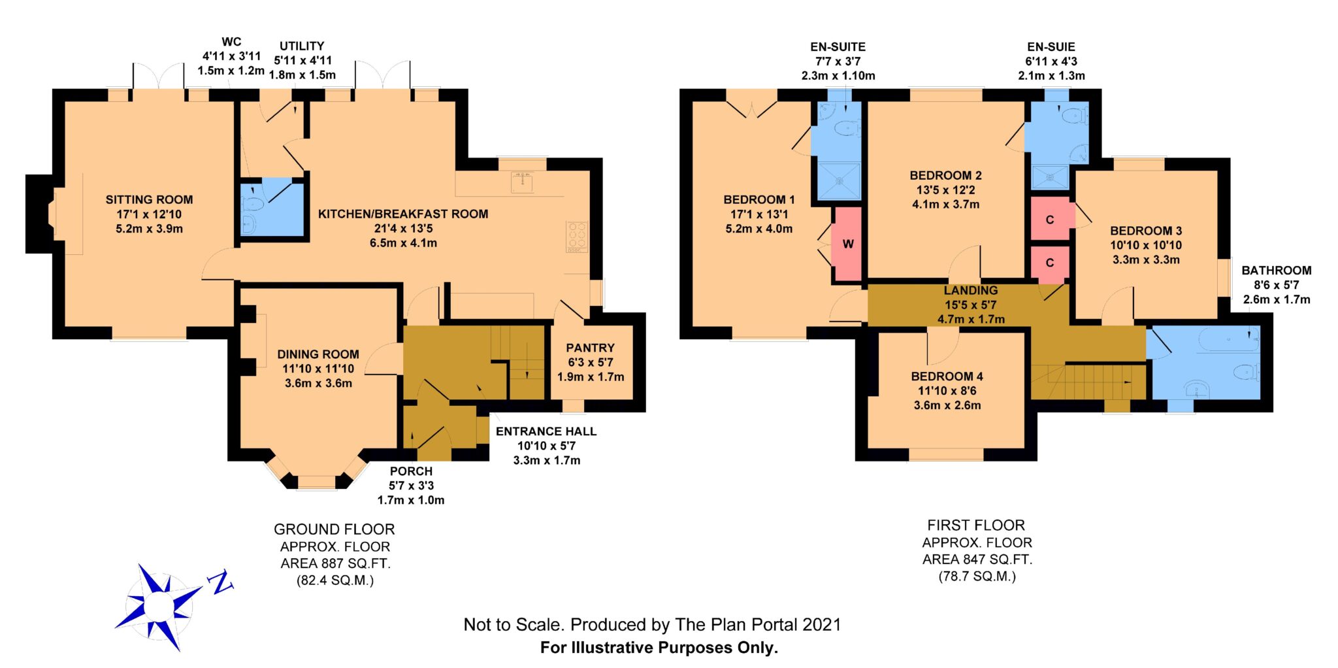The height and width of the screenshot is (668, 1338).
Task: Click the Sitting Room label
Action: coord(149,200)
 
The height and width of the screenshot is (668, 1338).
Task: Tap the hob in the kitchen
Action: coord(577,237)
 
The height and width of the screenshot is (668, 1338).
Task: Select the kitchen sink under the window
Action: coord(522,182)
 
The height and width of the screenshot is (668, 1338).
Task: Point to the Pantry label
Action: coord(590,348)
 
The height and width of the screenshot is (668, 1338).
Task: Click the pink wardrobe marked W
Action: coord(847,244)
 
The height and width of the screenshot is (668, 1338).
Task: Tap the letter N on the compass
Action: coord(221,582)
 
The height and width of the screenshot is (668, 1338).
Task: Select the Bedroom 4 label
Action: coord(947,376)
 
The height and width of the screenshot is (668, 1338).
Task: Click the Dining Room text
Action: coord(318,354)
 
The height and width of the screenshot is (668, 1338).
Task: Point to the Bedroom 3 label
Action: coord(1146,231)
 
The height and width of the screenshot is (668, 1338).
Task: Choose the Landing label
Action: coord(971,290)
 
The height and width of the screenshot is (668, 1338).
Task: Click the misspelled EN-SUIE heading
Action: coord(1051,47)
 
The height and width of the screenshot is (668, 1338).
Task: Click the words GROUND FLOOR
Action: coord(334,529)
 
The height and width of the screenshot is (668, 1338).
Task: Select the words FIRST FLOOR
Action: coord(976,526)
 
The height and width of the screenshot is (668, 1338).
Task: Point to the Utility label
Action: coord(302,46)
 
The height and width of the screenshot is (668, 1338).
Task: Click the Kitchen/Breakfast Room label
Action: coord(403,214)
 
